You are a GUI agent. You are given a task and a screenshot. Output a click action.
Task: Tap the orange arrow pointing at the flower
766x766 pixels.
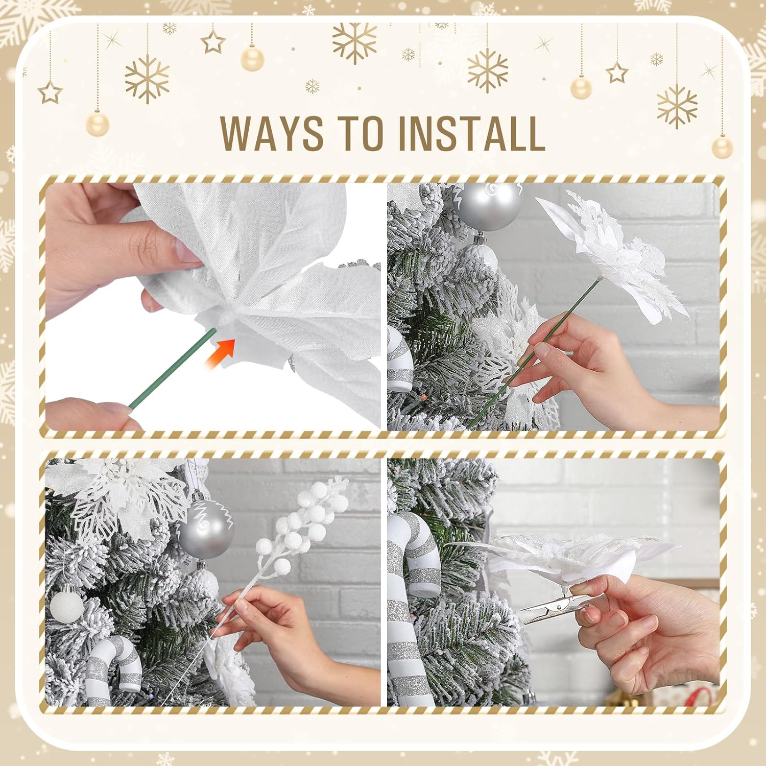(x=221, y=352)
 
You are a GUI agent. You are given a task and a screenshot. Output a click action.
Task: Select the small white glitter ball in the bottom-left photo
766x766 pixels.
(x=67, y=605)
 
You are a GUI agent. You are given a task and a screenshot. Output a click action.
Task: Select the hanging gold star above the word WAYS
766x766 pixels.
(x=213, y=42)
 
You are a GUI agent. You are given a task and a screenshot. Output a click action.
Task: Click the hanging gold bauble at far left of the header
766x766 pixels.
(x=97, y=124)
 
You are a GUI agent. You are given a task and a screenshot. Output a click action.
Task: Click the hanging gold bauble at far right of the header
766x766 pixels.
(x=722, y=148)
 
